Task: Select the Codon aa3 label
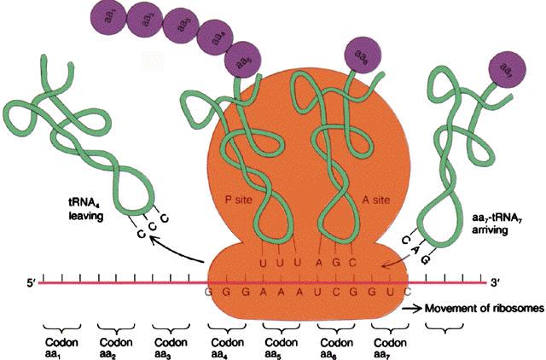(x=169, y=344)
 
